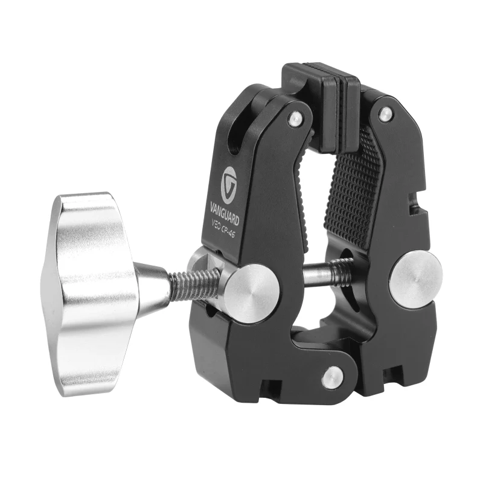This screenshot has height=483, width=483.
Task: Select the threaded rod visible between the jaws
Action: pos(329,271)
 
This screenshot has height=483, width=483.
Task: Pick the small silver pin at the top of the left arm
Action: pos(295,119)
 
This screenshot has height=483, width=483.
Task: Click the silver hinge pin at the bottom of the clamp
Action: pos(332,377)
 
